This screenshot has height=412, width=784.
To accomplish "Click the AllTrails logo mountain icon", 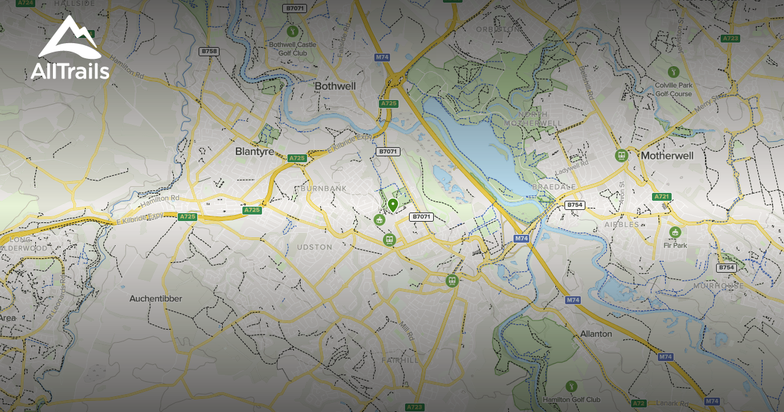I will point(69,39).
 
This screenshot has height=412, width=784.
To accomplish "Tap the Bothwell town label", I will point(335,86).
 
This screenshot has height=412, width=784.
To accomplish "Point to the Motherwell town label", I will point(667,156).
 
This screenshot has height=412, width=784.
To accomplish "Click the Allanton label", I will point(596,334).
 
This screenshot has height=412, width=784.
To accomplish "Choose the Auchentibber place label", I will point(155,298).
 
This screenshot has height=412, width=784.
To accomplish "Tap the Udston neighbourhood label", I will point(315,247).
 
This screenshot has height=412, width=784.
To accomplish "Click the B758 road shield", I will point(209,51).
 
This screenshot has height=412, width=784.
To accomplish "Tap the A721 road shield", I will point(662,196).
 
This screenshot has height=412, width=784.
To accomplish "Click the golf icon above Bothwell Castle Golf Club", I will point(293,31).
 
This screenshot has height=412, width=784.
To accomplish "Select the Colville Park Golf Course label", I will point(673,90).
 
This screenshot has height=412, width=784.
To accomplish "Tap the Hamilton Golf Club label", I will point(571,400).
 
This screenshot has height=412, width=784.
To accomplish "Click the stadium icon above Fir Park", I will point(674,232).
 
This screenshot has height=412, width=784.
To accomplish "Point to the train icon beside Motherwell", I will point(621,155).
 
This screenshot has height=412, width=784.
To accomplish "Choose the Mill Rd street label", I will point(406,331).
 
